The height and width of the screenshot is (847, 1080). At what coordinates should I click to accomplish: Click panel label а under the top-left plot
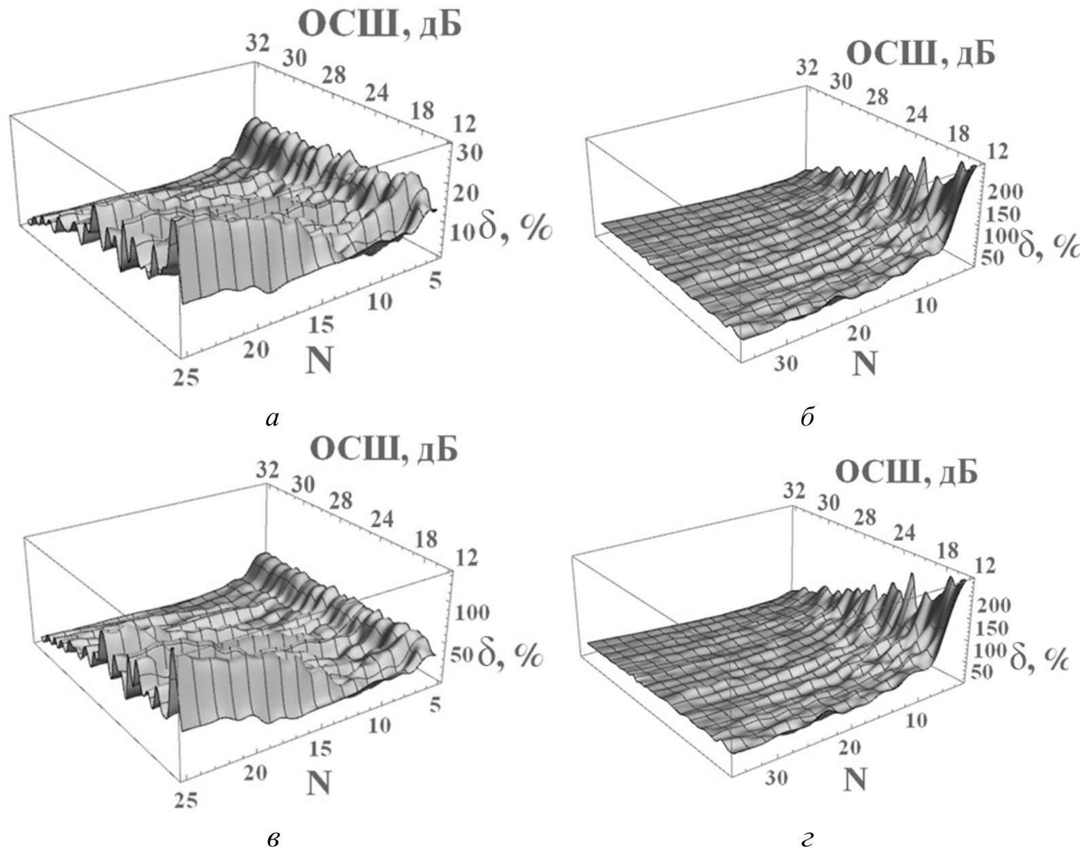(x=272, y=419)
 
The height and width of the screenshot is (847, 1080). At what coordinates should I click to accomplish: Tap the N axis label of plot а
(x=319, y=360)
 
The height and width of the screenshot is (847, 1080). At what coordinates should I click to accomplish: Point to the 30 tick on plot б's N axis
(x=785, y=364)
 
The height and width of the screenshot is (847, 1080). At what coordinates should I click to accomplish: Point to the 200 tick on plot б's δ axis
(x=1005, y=192)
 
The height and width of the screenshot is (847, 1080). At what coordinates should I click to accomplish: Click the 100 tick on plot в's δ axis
(x=472, y=613)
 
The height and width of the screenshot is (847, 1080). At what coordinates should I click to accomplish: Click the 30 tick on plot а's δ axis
(x=469, y=154)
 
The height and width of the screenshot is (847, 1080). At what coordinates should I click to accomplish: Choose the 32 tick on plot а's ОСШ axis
(x=257, y=43)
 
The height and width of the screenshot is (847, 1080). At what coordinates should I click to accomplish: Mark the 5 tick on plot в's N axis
(x=435, y=706)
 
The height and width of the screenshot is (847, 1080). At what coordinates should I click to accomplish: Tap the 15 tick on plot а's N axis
(x=321, y=325)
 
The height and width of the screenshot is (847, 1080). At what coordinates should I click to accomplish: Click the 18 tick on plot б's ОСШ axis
(x=958, y=133)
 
